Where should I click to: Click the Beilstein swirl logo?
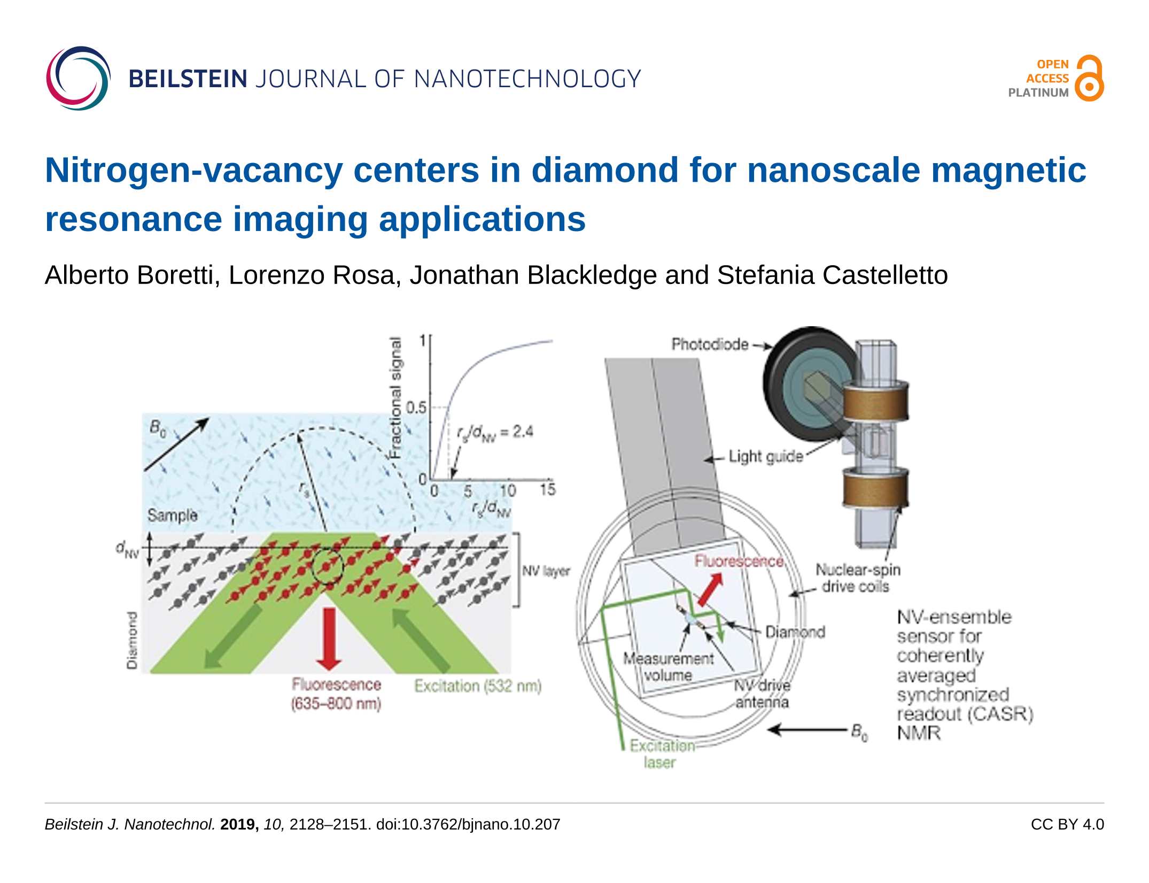point(78,79)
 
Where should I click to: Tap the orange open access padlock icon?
point(1089,79)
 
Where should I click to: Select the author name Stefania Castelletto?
point(832,275)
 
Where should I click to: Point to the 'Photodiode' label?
point(710,344)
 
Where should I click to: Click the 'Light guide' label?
point(766,456)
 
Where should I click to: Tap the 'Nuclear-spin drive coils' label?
point(857,578)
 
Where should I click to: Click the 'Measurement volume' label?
point(668,666)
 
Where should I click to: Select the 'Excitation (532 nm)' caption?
point(478,686)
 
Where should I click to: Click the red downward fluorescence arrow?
point(329,639)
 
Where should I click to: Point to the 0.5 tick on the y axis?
point(416,408)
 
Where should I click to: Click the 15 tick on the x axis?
point(548,489)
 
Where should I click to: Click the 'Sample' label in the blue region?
point(172,515)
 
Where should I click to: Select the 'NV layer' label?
point(546,571)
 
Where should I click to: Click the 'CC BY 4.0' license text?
point(1067,824)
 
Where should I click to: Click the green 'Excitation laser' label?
point(661,754)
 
